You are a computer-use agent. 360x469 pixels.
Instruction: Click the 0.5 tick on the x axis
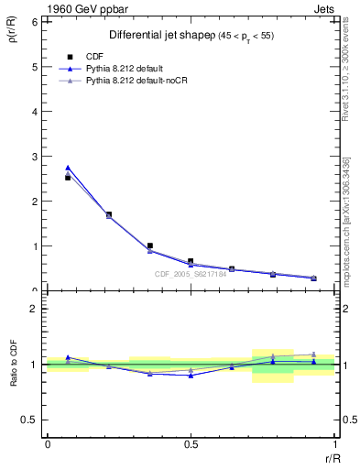191,444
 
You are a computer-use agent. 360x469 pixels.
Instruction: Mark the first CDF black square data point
68,178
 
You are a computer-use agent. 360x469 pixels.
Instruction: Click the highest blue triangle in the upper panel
68,168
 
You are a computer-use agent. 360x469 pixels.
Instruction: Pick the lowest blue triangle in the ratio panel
191,376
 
